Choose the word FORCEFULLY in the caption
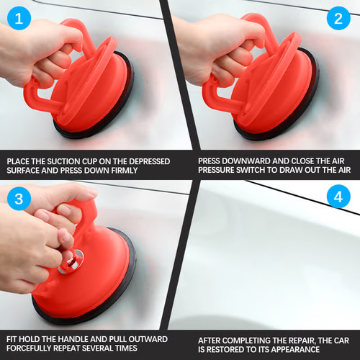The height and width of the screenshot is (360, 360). tap(31, 349)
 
